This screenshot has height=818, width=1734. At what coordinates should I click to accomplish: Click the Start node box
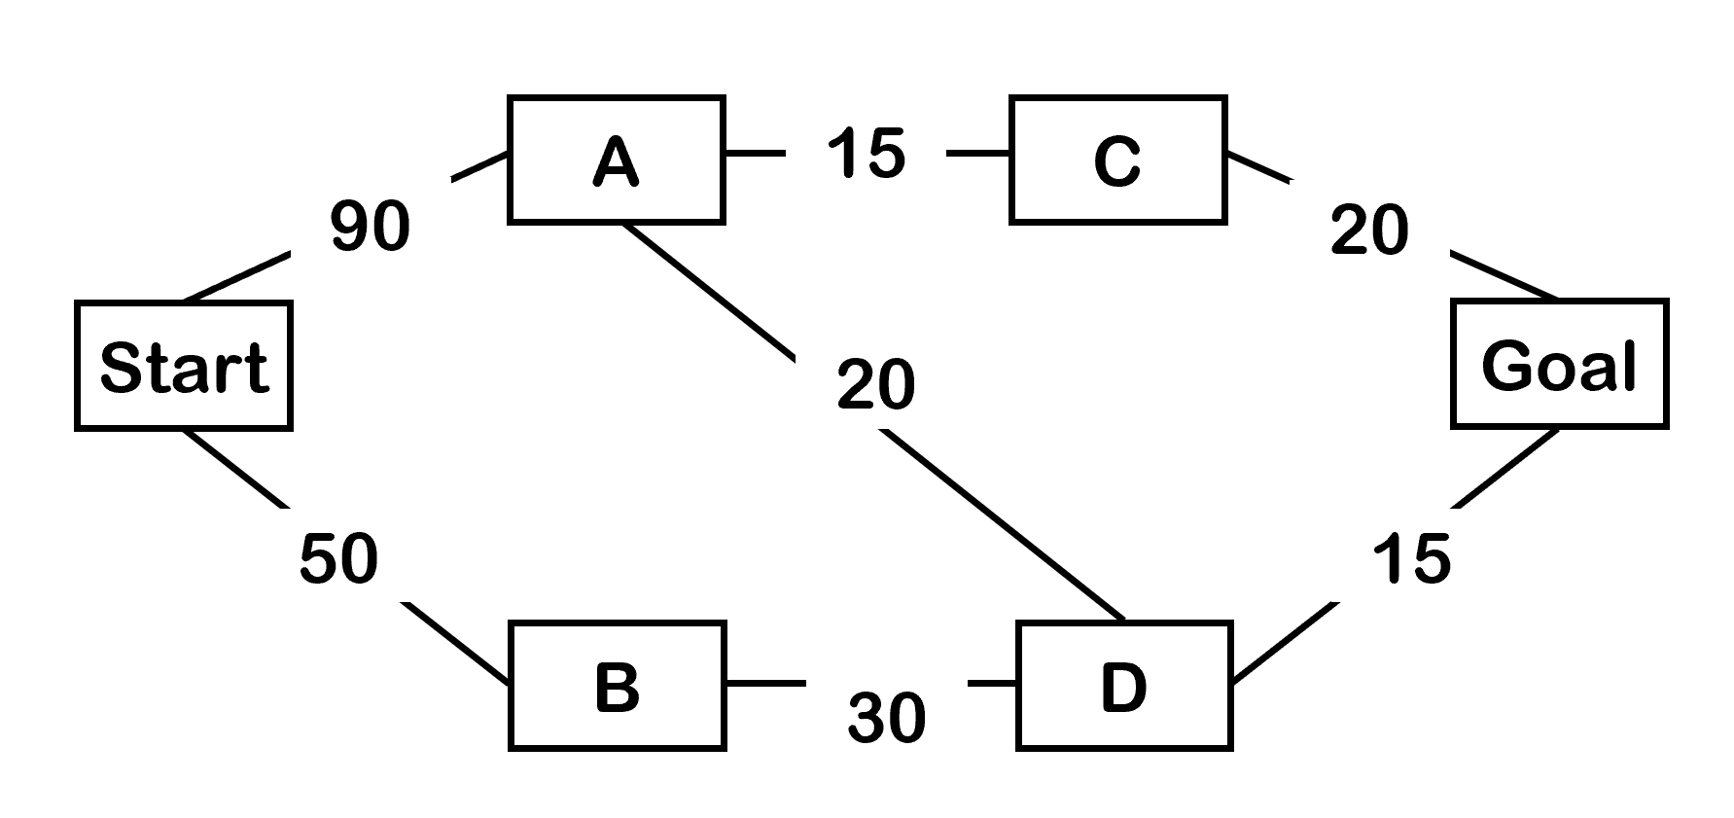[x=184, y=366]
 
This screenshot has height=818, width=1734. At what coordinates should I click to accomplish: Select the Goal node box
[x=1559, y=365]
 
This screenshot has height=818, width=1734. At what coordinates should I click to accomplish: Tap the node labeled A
[x=616, y=160]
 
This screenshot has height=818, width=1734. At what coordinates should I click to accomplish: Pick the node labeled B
[x=617, y=686]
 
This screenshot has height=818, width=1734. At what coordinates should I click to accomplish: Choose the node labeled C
[x=1117, y=160]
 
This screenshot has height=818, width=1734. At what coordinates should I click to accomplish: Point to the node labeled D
[x=1124, y=686]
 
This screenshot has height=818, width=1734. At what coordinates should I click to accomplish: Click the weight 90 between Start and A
[x=370, y=227]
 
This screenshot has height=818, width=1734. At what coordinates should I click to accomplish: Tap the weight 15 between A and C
[x=866, y=154]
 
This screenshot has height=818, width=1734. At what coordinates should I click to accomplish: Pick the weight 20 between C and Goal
[x=1369, y=231]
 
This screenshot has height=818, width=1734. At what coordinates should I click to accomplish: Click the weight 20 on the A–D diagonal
[x=875, y=384]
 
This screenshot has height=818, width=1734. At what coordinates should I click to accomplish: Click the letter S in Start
[x=120, y=368]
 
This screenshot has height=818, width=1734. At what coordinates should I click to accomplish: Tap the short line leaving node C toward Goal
[x=1259, y=166]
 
